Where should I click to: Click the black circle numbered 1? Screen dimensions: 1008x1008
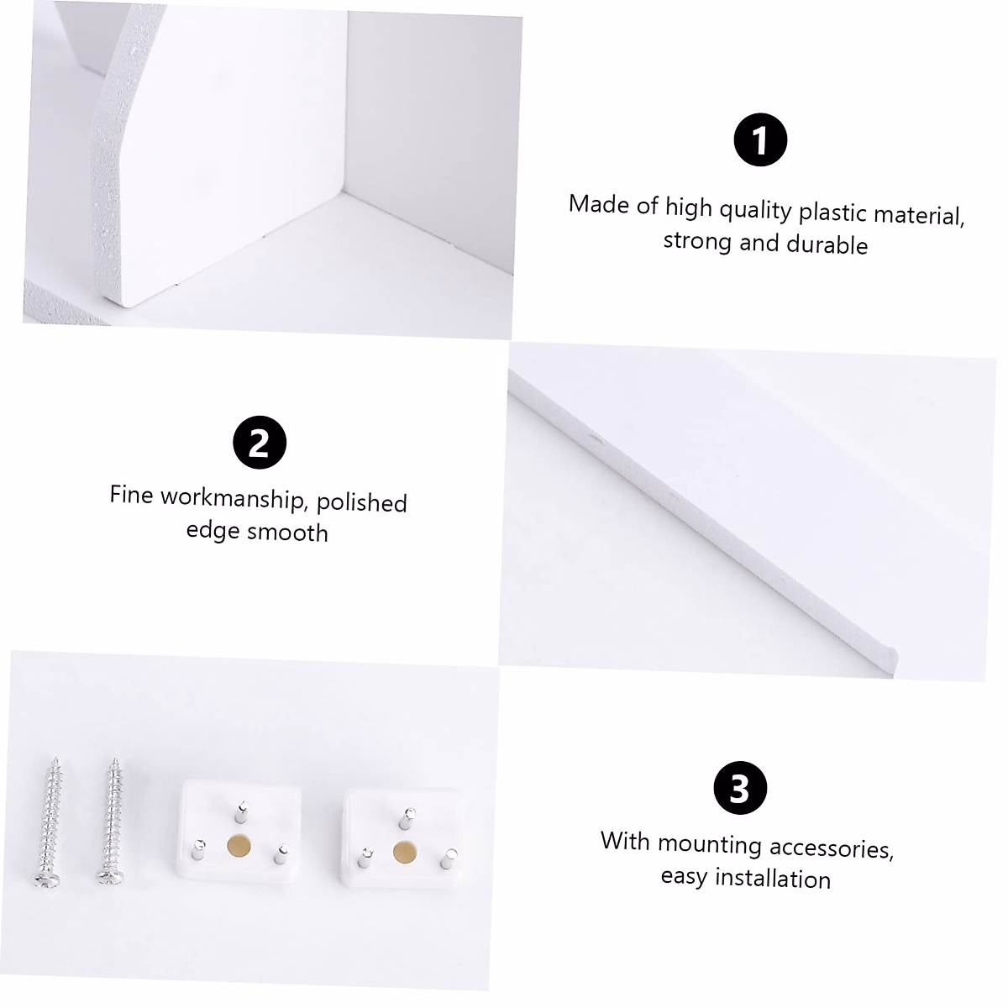760,139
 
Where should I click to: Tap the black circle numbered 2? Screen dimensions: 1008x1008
260,443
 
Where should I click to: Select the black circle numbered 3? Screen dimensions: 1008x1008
740,789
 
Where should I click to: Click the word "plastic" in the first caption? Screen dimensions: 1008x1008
834,212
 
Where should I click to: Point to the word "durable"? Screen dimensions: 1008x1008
827,245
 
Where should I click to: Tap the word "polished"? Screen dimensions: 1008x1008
362,502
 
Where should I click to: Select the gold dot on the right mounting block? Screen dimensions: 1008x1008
405,851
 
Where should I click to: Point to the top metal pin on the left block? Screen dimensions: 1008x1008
241,811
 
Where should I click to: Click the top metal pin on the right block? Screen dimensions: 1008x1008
408,817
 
